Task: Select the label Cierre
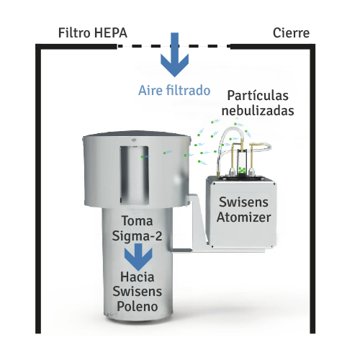291,33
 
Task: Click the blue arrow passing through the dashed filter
174,55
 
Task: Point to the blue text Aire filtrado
174,91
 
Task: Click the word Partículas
258,96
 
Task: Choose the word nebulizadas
258,111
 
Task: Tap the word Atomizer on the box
244,217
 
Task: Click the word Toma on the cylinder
137,221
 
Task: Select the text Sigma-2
137,236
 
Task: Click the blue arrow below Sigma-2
138,257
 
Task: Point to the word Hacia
137,277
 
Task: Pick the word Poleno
138,307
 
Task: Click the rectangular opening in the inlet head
135,175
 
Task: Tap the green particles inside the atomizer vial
242,170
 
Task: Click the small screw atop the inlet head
134,140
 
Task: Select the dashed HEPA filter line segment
173,46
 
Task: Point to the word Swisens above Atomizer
243,202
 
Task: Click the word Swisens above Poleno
138,292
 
